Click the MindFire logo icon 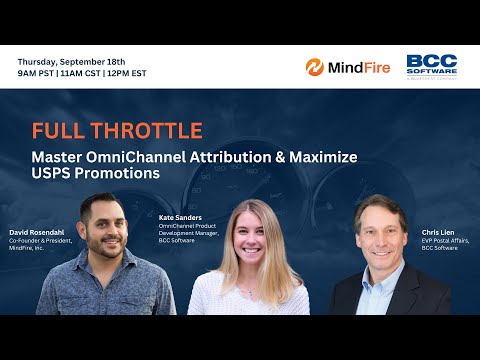[315, 67]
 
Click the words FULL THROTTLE [117, 131]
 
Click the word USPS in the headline [52, 173]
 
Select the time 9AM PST [38, 73]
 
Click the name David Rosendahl [37, 232]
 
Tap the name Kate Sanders [181, 216]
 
